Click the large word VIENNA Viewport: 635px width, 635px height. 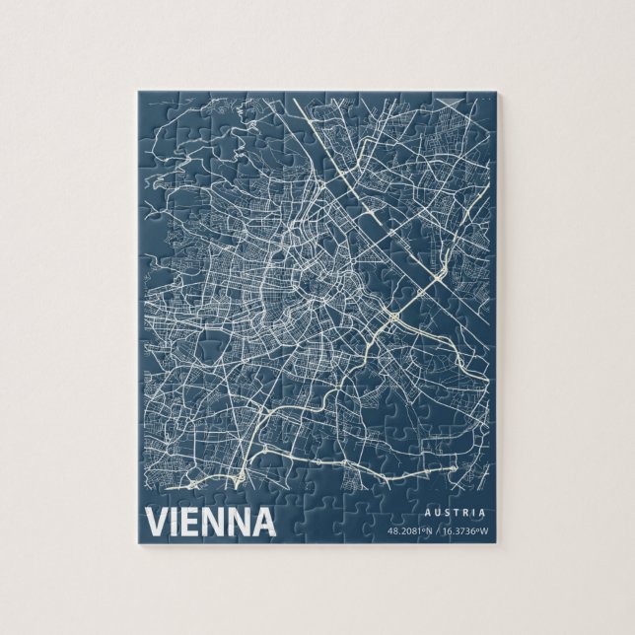pos(209,522)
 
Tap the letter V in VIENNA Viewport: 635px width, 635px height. pos(157,522)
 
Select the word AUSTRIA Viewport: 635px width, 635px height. pos(455,513)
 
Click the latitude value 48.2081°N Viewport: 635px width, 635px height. pos(410,531)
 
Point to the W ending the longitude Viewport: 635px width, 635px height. pos(484,531)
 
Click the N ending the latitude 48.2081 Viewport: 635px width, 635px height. pos(430,531)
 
